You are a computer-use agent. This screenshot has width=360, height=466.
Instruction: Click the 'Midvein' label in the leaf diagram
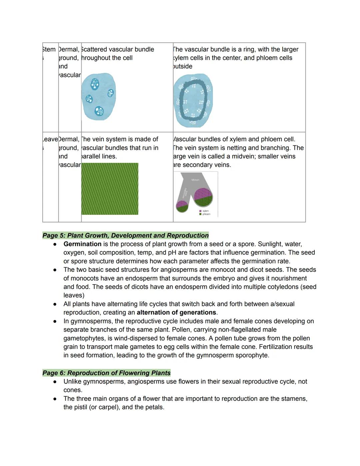tap(195, 180)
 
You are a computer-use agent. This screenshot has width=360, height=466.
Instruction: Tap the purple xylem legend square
tap(200, 211)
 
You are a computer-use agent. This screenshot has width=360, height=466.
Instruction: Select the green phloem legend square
tap(200, 214)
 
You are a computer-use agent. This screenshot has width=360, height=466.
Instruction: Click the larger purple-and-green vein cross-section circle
tap(203, 197)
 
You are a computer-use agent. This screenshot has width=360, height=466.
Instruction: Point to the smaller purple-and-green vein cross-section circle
tap(182, 206)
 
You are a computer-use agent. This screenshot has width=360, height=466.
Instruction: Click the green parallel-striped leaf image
tap(110, 189)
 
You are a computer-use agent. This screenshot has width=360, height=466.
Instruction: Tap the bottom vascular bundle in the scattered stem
tap(99, 111)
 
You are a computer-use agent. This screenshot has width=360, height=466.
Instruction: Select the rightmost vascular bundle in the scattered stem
tap(110, 93)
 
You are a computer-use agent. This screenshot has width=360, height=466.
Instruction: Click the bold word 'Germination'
tap(82, 244)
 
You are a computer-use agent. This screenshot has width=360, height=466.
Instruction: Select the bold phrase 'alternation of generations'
tap(176, 313)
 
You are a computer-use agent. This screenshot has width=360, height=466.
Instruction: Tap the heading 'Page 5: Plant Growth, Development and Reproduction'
tap(125, 236)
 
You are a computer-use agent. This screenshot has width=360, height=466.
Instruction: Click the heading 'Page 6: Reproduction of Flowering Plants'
tap(106, 373)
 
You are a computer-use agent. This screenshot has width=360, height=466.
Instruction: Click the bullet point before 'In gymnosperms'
tap(55, 322)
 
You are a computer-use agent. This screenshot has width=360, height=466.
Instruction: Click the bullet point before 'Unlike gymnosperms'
tap(55, 382)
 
